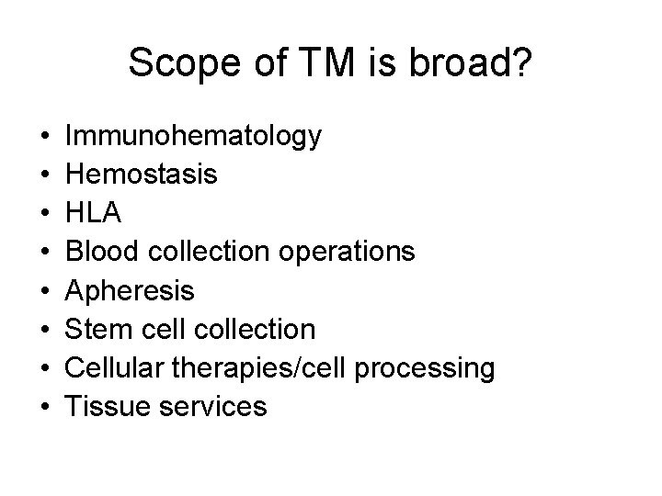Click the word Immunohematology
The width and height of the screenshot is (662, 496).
pyautogui.click(x=194, y=136)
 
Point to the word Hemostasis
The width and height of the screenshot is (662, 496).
pyautogui.click(x=143, y=175)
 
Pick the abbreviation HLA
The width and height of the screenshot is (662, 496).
pyautogui.click(x=94, y=213)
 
